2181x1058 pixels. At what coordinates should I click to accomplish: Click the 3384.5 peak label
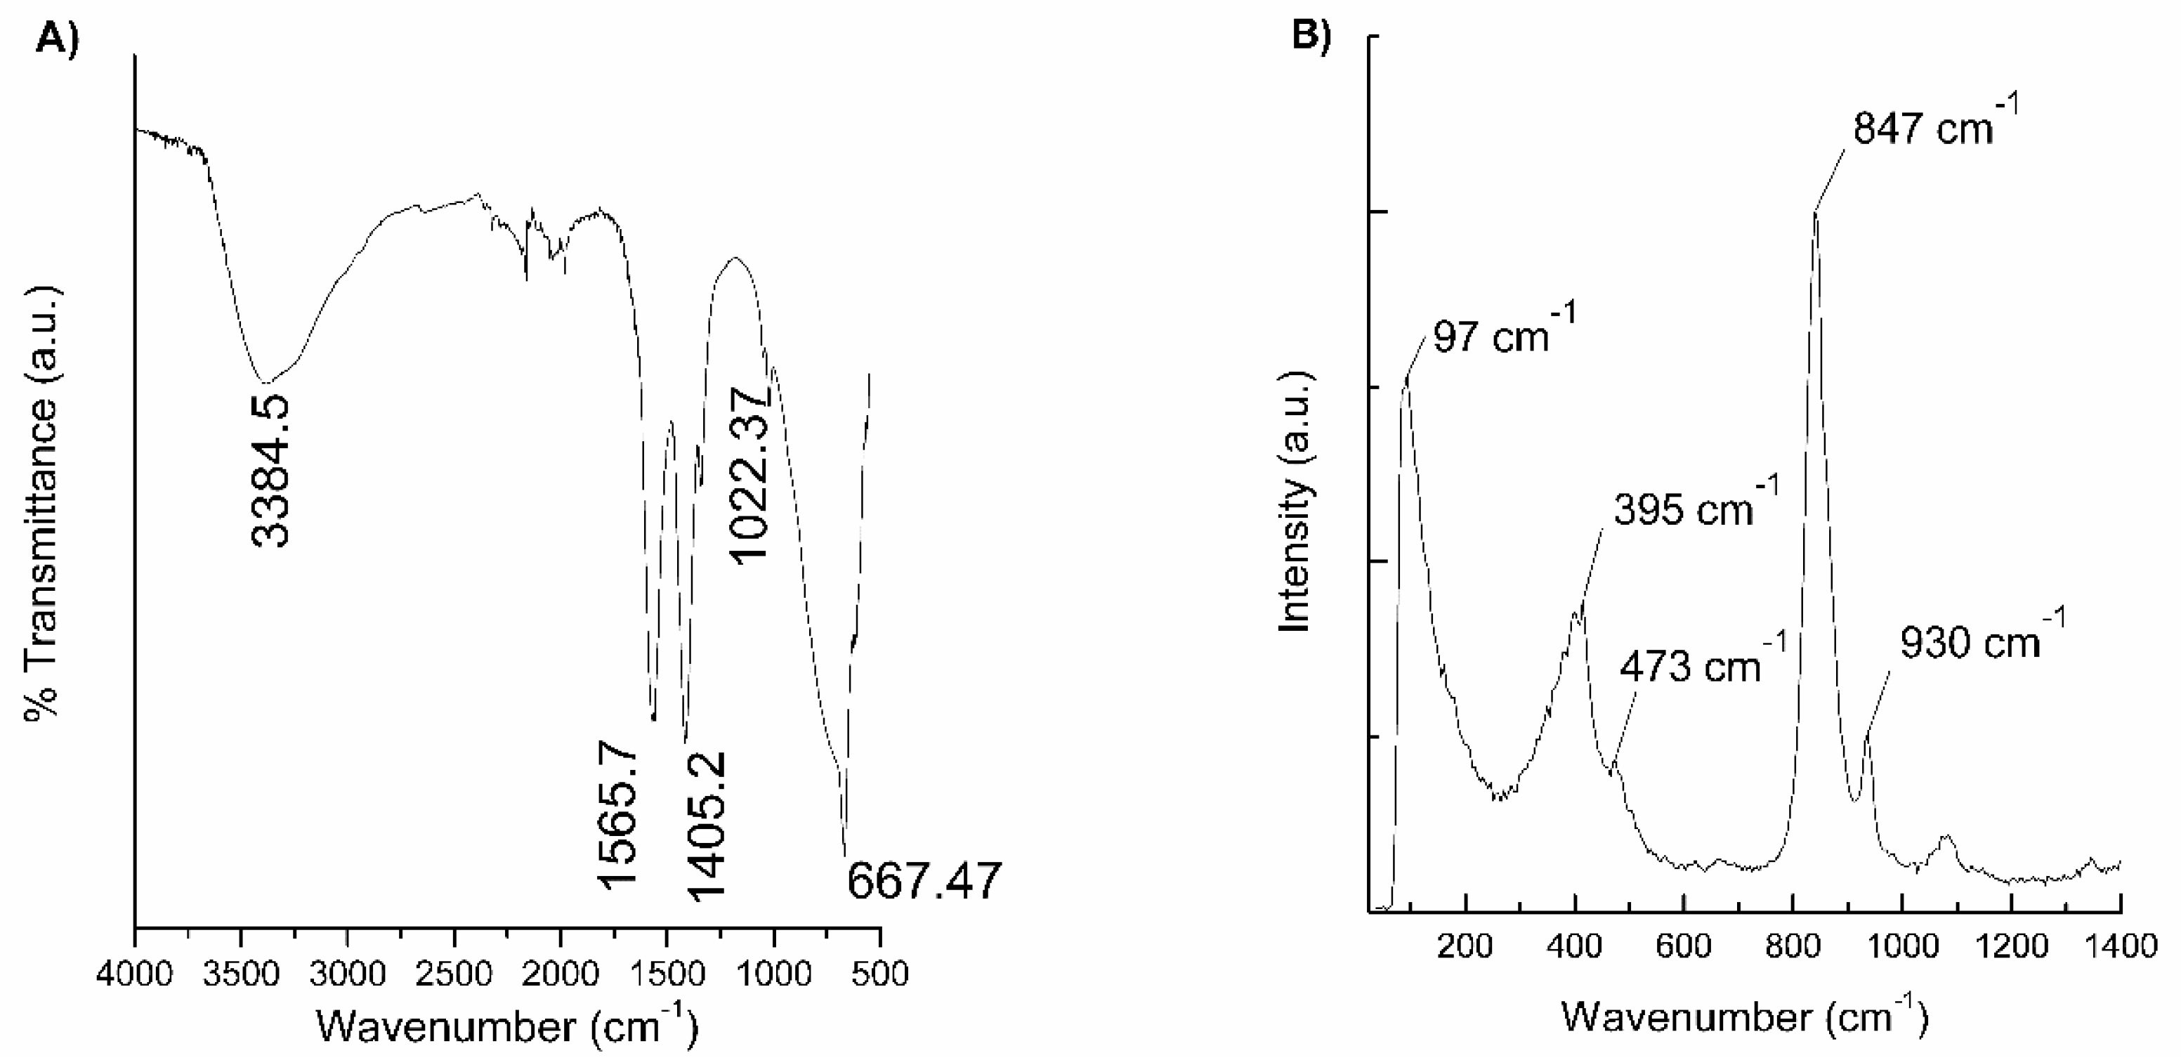[x=272, y=469]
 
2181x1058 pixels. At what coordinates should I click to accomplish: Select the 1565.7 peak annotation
[x=618, y=814]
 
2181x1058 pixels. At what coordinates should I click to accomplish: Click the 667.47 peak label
[x=924, y=881]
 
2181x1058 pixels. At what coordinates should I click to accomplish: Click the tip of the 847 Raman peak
[x=1814, y=213]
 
